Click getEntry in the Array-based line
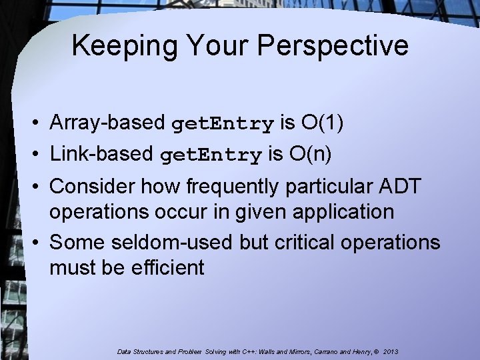click(223, 125)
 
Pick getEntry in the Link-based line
click(211, 156)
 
